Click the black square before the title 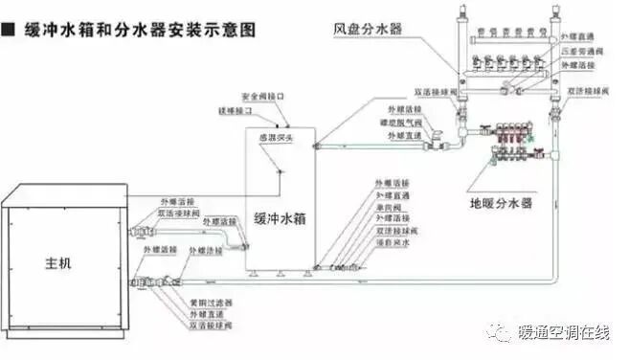tap(9, 30)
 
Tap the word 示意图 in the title tap(233, 30)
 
